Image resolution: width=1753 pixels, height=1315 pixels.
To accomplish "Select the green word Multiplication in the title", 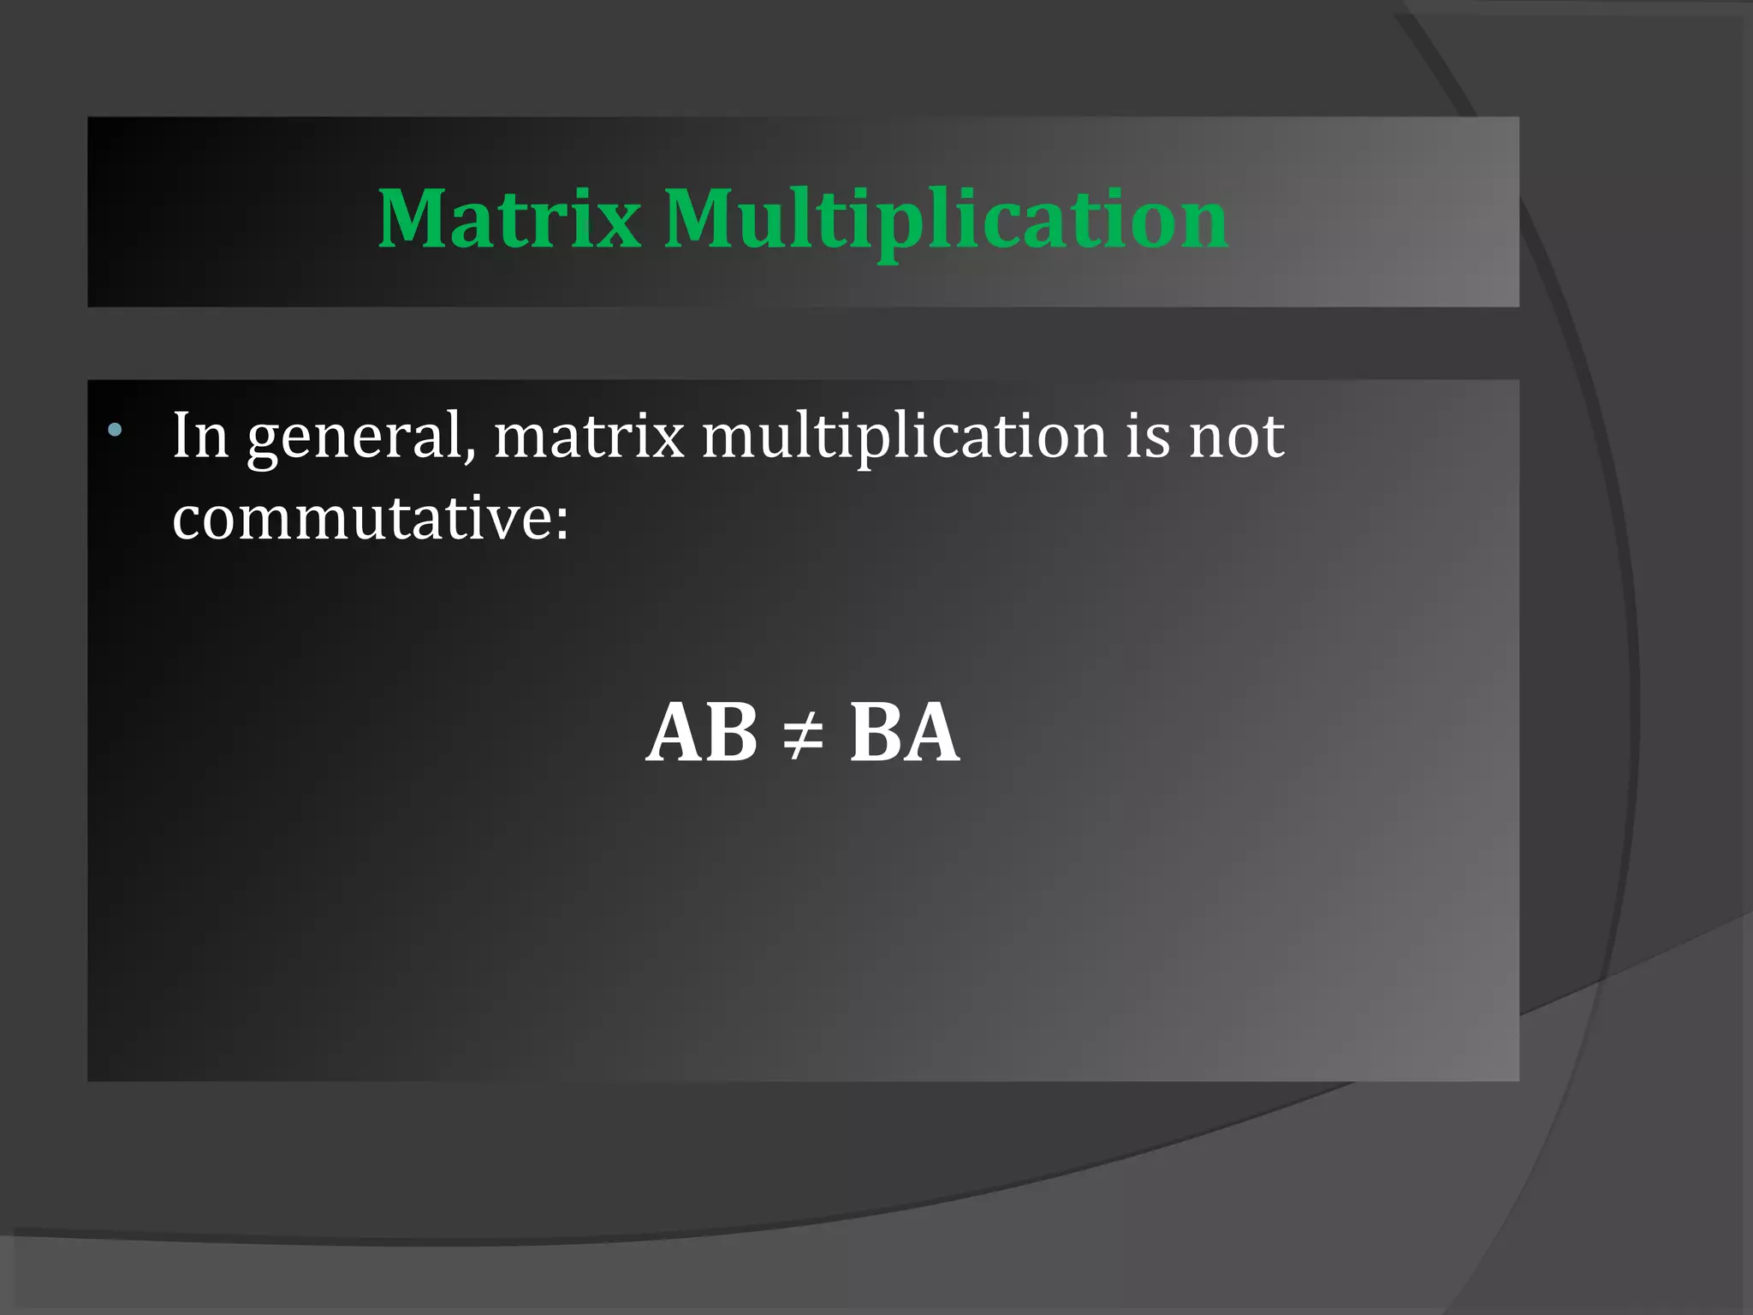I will [x=946, y=221].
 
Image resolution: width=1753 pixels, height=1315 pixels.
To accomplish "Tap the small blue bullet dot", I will [x=115, y=429].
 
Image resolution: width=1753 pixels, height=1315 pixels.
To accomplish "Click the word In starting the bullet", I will [x=200, y=436].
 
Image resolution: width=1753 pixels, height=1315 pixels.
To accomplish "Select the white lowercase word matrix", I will [x=589, y=436].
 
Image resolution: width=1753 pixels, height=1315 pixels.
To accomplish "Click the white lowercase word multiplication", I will [x=905, y=438].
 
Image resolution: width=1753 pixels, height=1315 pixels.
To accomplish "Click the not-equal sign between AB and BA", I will [x=803, y=735].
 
